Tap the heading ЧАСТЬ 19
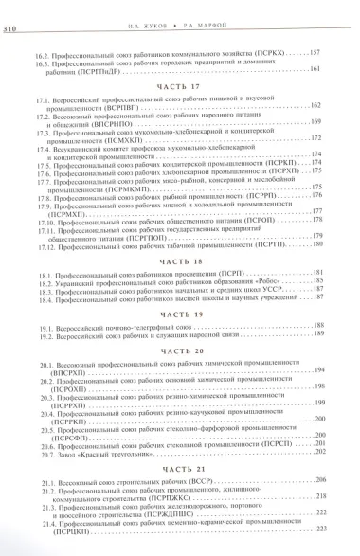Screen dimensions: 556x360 point(179,314)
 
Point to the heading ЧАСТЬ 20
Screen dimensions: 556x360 point(179,350)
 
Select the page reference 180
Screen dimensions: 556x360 point(317,244)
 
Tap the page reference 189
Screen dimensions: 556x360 point(317,334)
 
